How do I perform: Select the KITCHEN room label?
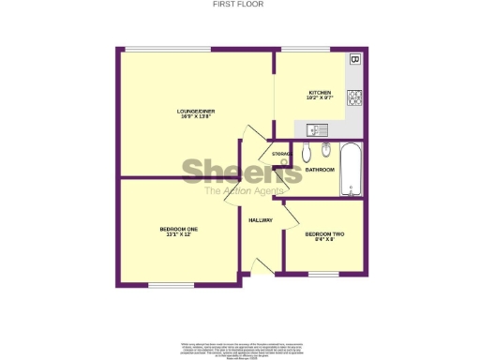(320, 94)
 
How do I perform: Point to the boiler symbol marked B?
(354, 59)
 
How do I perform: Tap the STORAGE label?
(281, 153)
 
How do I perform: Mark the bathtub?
(352, 170)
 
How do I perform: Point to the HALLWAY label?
(260, 220)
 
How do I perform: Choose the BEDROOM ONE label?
(178, 232)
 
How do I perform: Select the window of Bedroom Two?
(322, 274)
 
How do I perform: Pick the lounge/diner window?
(155, 50)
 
